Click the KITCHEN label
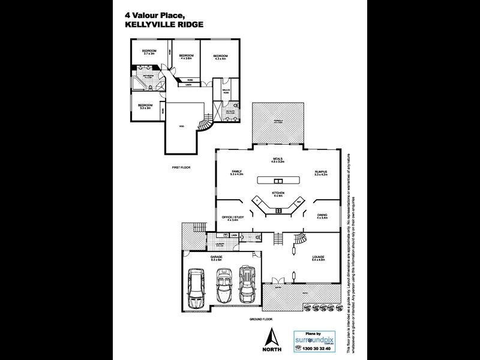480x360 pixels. (x=278, y=193)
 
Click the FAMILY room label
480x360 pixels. (x=236, y=172)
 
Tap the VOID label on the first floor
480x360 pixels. (x=182, y=126)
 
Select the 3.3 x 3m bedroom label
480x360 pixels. (x=146, y=106)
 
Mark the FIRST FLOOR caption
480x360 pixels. (x=181, y=167)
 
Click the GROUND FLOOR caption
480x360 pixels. (x=262, y=320)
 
